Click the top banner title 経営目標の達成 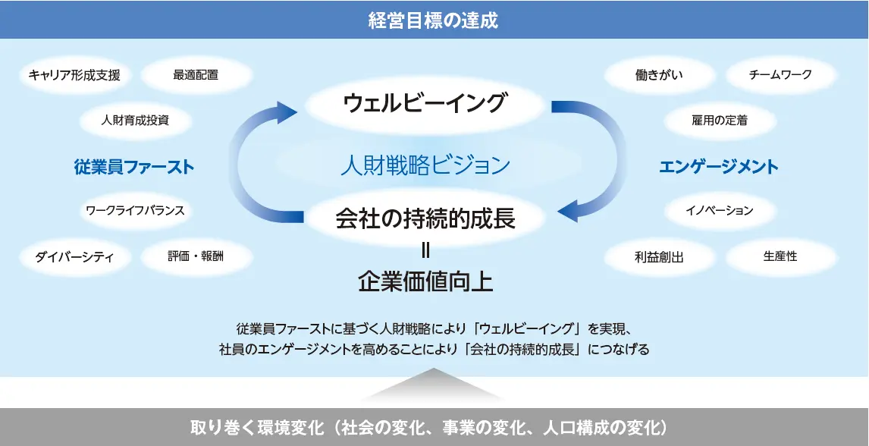(x=434, y=20)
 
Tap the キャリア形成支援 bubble (x=74, y=74)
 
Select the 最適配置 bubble (x=196, y=74)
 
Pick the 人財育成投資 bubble (x=135, y=120)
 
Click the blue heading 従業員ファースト (x=134, y=167)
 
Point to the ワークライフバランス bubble (x=135, y=211)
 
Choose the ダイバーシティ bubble (x=74, y=256)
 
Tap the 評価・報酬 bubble (x=196, y=256)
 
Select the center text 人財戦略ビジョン (x=425, y=165)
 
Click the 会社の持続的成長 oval (x=425, y=218)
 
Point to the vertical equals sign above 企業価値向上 (x=425, y=251)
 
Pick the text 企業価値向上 (x=425, y=281)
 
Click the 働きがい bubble (x=659, y=74)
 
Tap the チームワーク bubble (x=780, y=74)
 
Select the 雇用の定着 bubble (x=720, y=120)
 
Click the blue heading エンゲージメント (x=719, y=167)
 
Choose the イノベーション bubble (x=720, y=211)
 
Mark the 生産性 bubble (x=780, y=256)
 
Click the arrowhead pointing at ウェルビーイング (x=287, y=111)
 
